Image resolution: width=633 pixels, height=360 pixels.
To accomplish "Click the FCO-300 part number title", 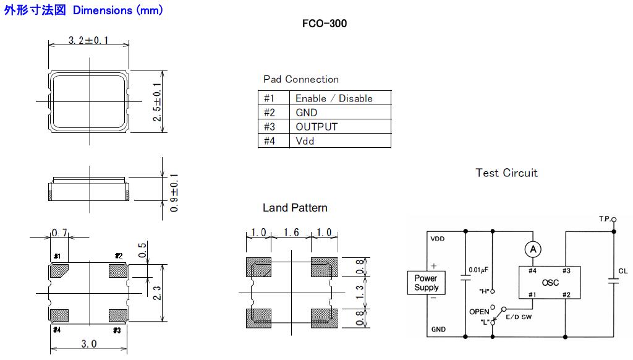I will [325, 24].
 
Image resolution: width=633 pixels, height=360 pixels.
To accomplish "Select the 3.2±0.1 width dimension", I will [88, 41].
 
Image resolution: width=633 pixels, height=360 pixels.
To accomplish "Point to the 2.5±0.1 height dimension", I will [157, 101].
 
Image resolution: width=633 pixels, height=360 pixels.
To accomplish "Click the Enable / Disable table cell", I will [334, 98].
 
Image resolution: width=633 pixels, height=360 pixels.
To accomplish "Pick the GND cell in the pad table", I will [306, 113].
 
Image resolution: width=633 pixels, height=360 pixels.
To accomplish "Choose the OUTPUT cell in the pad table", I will [316, 127].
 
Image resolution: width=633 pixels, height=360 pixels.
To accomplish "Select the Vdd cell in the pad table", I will [305, 141].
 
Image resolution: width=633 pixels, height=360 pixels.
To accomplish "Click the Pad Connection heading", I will [301, 79].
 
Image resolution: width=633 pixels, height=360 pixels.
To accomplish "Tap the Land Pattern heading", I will [295, 208].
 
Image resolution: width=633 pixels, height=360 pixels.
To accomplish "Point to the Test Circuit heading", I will [507, 173].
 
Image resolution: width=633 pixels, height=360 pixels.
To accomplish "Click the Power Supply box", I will [426, 283].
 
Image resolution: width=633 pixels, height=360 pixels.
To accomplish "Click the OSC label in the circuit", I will [550, 283].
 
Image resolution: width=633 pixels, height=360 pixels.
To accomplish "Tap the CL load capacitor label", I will [622, 271].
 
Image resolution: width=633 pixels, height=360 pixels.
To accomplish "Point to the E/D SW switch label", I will [517, 316].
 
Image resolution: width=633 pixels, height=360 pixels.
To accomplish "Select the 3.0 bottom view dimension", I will [89, 344].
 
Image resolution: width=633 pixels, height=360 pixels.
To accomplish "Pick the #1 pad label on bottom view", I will [57, 256].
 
